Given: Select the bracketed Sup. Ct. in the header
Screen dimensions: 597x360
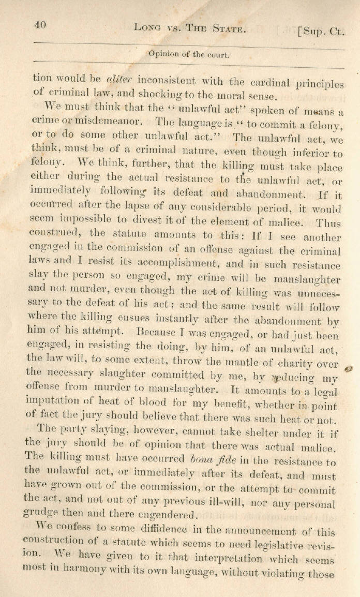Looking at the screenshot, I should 321,32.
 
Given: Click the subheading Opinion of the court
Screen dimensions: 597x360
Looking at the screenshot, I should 189,53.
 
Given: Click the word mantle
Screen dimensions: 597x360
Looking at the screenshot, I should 223,356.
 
